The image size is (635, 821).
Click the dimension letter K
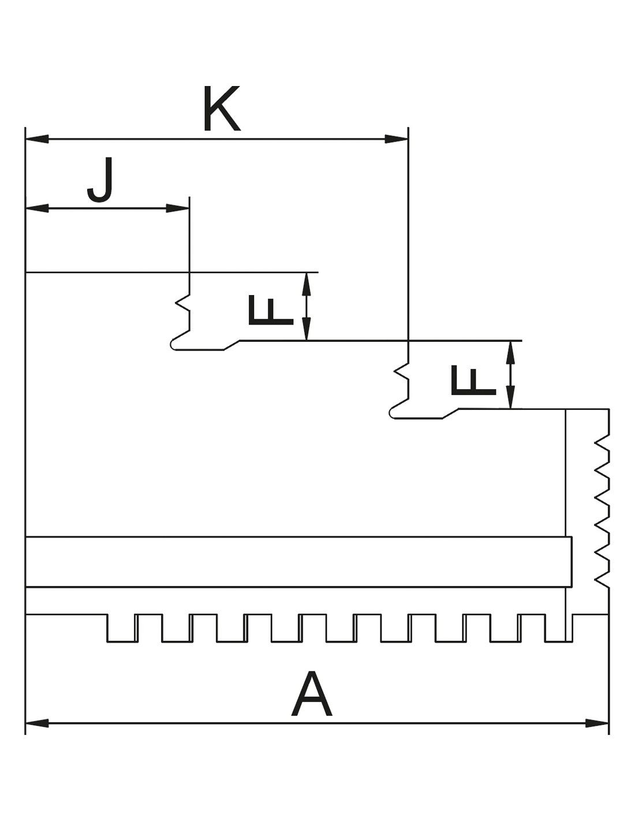(x=222, y=108)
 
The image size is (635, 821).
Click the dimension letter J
(x=100, y=180)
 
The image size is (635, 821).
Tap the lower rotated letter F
(x=473, y=380)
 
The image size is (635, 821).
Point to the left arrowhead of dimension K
(x=37, y=139)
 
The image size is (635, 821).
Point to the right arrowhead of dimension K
(x=396, y=139)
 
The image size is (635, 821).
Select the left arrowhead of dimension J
(x=37, y=208)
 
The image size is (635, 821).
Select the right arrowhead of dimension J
(x=178, y=208)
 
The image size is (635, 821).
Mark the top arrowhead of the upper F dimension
(x=307, y=283)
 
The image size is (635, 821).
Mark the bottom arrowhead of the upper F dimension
(x=307, y=329)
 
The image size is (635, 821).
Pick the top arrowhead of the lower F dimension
(x=510, y=353)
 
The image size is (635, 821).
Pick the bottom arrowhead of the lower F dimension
(x=510, y=397)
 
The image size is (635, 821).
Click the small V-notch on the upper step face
(x=182, y=303)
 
